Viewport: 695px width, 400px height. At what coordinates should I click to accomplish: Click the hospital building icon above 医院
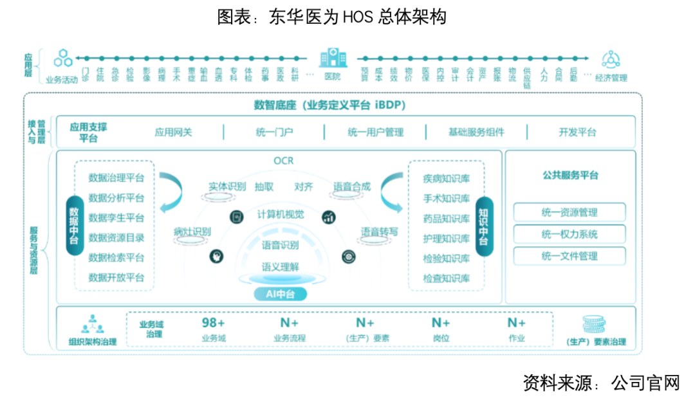tap(332, 58)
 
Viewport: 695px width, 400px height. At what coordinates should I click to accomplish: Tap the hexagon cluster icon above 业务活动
tap(62, 59)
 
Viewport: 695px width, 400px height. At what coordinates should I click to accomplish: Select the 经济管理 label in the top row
tap(611, 78)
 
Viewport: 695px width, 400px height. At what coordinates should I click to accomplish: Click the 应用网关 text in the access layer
tap(173, 132)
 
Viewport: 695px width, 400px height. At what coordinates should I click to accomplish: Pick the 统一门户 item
tap(274, 132)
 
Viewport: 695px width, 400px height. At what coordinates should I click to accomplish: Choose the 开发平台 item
tap(577, 132)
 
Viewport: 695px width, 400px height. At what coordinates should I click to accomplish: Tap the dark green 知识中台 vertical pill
tap(484, 226)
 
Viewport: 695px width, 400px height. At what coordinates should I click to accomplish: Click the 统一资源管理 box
tap(570, 212)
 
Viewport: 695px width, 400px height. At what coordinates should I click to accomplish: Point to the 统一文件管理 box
tap(570, 256)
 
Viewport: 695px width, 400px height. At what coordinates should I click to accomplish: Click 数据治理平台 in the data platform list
tap(116, 178)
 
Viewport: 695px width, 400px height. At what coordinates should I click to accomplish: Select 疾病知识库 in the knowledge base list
tap(447, 178)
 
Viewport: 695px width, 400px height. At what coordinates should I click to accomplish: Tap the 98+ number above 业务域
tap(214, 323)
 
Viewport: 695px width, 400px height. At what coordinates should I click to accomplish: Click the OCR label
tap(283, 161)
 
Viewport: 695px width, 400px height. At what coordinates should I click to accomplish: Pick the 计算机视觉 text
tap(281, 214)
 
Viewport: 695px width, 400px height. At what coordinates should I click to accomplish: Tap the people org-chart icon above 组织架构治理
tap(93, 325)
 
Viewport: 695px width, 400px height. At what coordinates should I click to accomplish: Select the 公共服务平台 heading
tap(570, 175)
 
